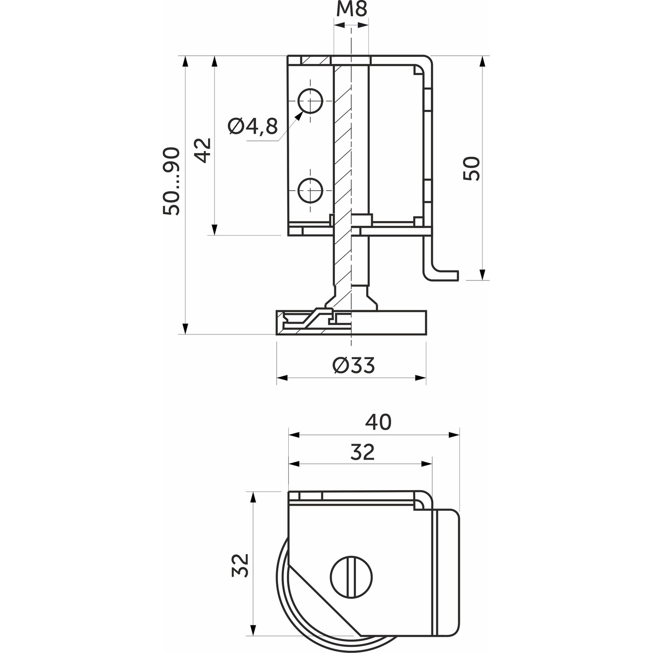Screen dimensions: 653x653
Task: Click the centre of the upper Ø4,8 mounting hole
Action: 310,101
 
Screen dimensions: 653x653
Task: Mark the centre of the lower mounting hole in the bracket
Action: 310,190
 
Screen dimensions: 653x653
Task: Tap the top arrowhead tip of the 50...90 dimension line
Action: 185,56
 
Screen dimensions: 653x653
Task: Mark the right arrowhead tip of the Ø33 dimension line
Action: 426,378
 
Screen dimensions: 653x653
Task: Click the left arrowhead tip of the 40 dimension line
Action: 288,435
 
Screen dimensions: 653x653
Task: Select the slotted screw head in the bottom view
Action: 351,577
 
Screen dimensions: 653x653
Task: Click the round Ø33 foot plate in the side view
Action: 351,322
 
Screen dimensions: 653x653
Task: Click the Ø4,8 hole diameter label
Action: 252,126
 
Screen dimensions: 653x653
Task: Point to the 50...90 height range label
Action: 171,181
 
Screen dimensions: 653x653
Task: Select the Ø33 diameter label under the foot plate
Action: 354,365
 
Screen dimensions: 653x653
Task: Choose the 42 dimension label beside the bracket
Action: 203,151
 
